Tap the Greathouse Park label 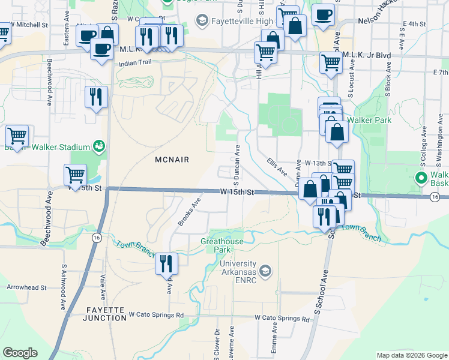point(222,245)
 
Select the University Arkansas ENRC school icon point(266,271)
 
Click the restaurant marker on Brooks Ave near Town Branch point(166,264)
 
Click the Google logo point(20,353)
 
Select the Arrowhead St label point(27,287)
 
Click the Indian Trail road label point(136,62)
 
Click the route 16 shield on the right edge point(436,196)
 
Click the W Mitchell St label point(29,26)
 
